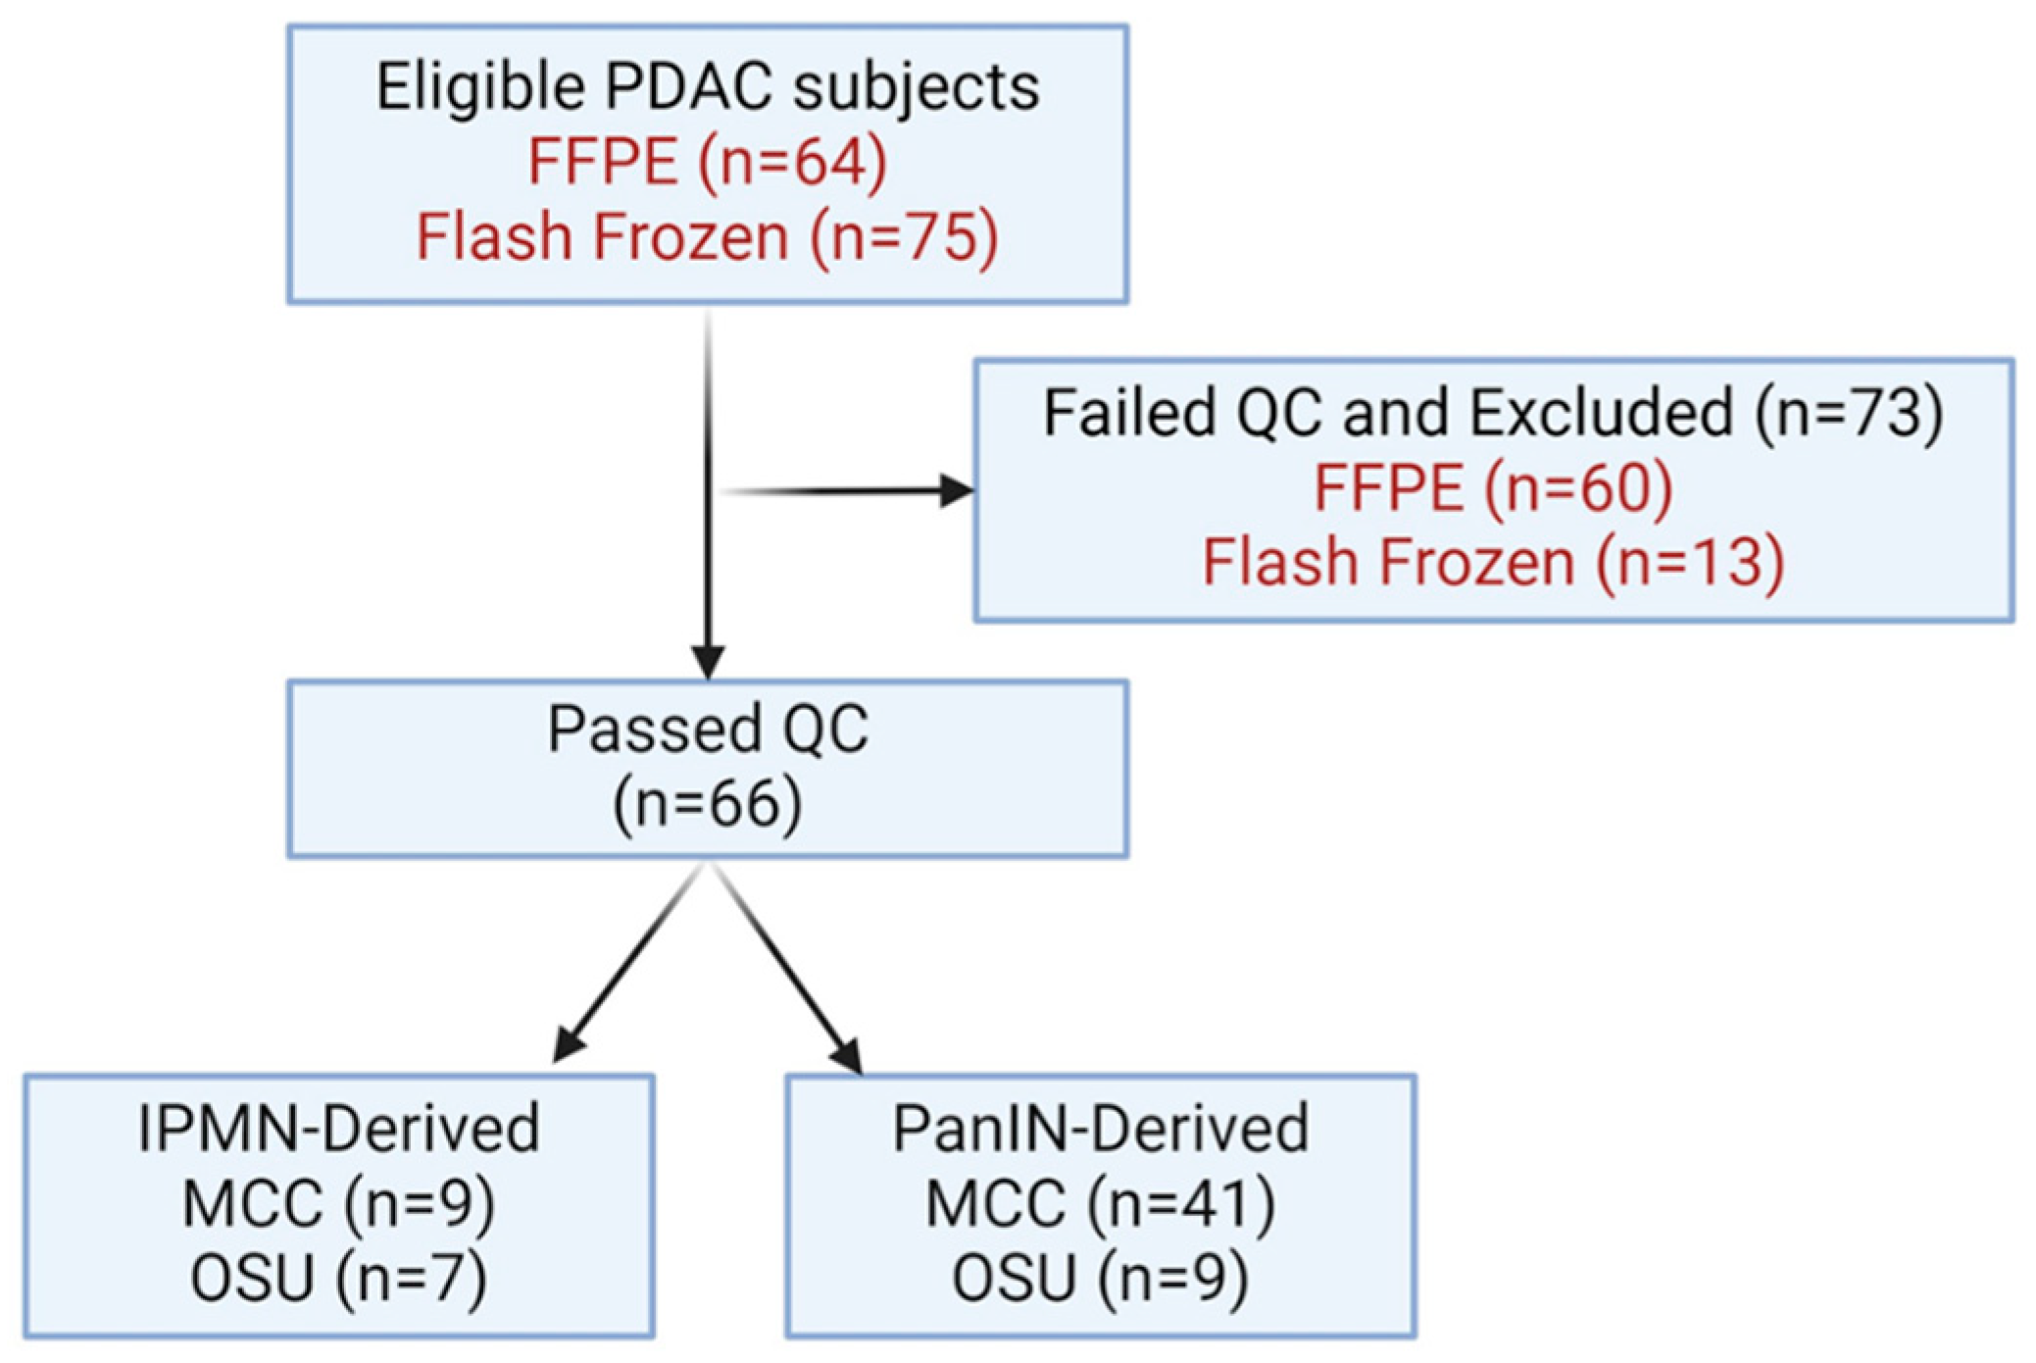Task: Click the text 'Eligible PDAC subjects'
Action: pos(708,88)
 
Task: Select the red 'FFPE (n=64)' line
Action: pos(708,162)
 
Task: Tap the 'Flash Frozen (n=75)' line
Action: pos(708,237)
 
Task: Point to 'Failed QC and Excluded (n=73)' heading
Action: pos(1493,413)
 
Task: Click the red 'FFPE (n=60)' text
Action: pos(1493,487)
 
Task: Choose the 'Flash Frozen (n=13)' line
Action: pos(1493,562)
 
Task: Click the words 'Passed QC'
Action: pos(708,730)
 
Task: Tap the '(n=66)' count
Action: pos(708,804)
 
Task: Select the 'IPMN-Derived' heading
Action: pos(338,1128)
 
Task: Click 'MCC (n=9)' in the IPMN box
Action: pos(338,1203)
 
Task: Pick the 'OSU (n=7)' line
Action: pos(338,1279)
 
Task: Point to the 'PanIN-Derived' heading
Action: pos(1100,1128)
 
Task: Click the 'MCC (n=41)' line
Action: pos(1100,1203)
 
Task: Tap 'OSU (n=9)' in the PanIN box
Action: pos(1100,1279)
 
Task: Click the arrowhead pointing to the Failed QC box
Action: pos(957,490)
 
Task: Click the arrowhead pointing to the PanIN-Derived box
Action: pos(847,1055)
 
